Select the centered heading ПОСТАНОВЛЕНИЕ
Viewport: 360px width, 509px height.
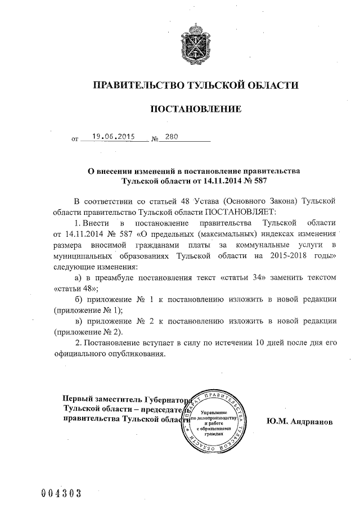pos(195,109)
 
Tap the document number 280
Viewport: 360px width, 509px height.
pos(172,136)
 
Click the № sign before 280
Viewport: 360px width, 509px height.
pos(156,138)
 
